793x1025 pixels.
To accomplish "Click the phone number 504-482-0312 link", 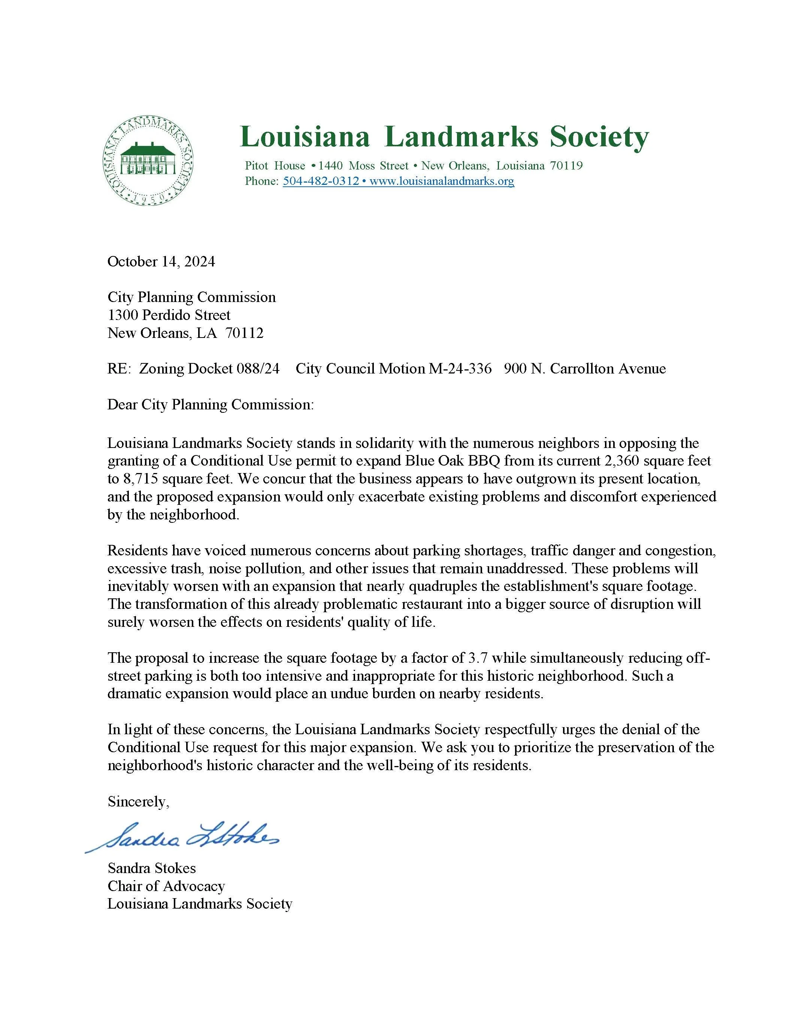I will pos(321,181).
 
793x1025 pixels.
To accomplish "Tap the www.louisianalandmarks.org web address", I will pos(442,181).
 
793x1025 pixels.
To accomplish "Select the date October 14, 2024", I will pos(161,262).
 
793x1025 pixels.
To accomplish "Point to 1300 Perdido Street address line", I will pos(169,315).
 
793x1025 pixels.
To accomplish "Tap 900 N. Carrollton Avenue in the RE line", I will pos(584,369).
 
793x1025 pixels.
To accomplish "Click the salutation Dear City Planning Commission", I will pos(211,405).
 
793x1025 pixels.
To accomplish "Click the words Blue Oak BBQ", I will pos(451,461).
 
